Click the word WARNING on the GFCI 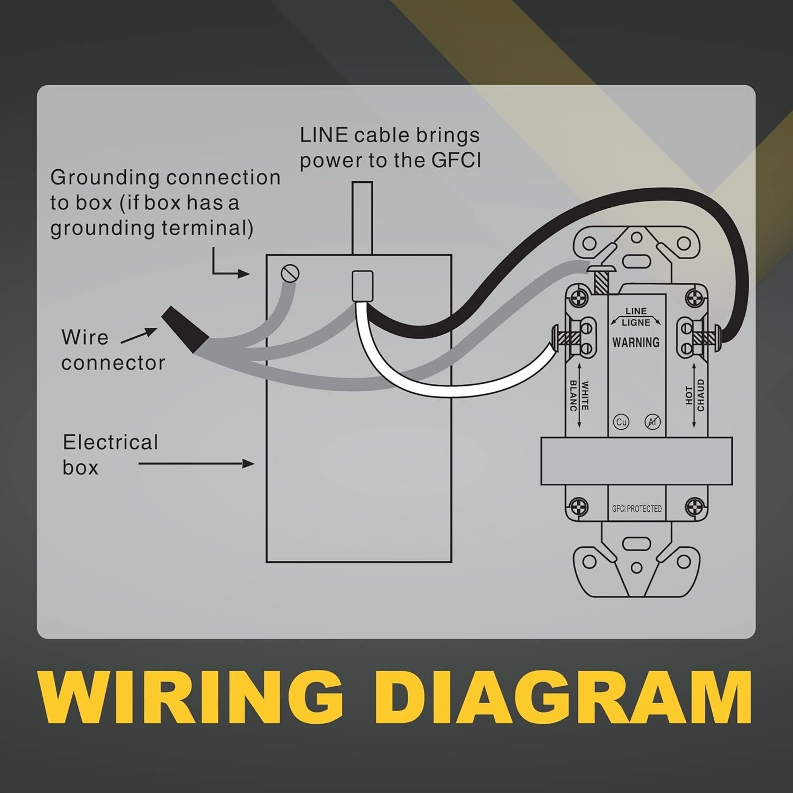(636, 343)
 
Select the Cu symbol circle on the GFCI (621, 422)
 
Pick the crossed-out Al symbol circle (652, 422)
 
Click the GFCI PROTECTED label (637, 509)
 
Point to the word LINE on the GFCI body (636, 311)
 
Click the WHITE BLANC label (578, 396)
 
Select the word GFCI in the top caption (456, 160)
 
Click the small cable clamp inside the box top (363, 285)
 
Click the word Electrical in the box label (110, 442)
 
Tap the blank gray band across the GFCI (636, 461)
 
